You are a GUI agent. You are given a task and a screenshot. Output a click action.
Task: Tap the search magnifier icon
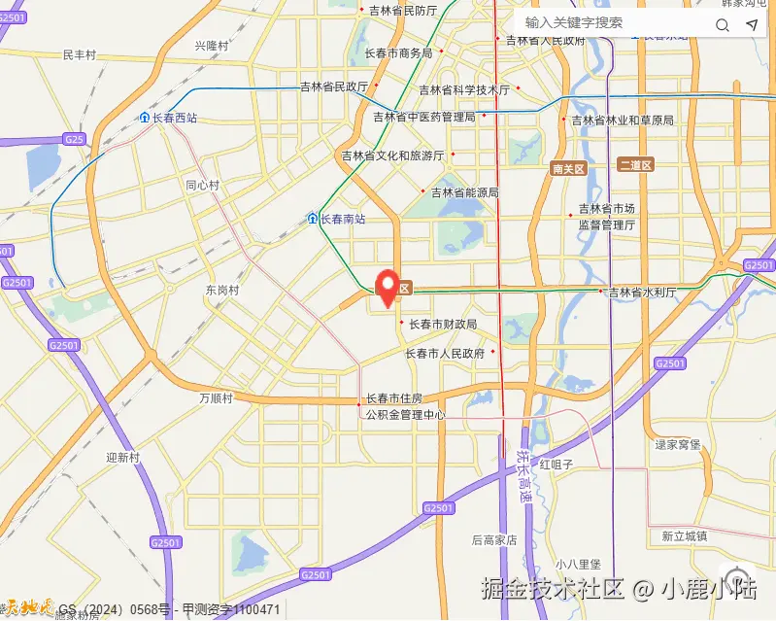[722, 24]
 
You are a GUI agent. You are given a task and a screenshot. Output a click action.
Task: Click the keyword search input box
[612, 22]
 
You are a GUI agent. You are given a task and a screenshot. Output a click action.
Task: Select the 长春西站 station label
[168, 118]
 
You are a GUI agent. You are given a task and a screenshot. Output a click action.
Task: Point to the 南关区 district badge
[568, 168]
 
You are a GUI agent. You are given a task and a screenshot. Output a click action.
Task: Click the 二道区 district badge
[636, 164]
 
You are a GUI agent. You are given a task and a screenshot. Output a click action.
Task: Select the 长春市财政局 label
[442, 324]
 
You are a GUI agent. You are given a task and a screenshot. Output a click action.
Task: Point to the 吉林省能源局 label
[464, 192]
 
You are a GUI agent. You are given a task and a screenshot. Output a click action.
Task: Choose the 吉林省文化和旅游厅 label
[391, 155]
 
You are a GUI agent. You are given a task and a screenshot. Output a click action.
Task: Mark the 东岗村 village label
[221, 290]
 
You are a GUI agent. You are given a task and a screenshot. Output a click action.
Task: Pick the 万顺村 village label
[216, 398]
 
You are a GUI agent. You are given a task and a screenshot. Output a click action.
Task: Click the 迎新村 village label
[123, 457]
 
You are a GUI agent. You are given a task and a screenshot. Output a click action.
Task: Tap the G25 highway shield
[74, 139]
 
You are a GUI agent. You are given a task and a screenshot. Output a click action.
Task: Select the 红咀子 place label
[557, 465]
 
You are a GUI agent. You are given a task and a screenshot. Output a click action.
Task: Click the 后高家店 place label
[493, 539]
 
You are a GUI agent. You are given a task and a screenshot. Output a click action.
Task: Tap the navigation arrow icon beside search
[752, 24]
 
